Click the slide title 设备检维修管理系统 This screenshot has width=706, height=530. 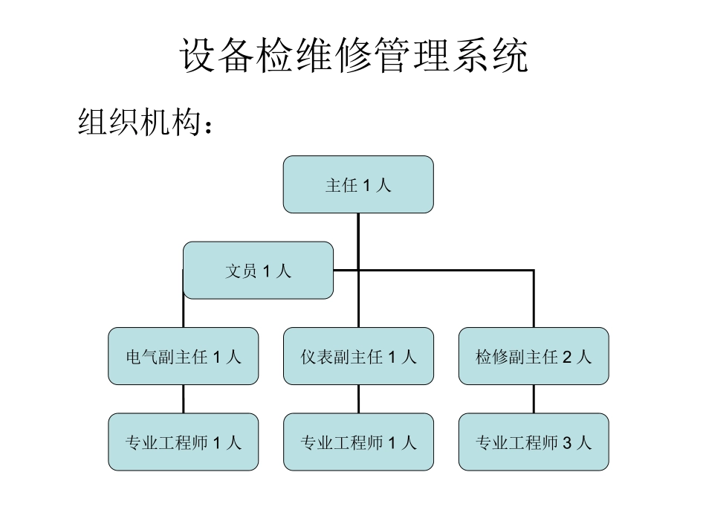pos(353,55)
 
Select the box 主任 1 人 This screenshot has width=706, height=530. pos(358,184)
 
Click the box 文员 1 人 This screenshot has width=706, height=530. pos(258,271)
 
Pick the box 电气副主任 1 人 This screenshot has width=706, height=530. pos(184,357)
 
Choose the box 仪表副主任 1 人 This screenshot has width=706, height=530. pos(358,357)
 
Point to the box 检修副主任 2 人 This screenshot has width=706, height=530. pos(534,357)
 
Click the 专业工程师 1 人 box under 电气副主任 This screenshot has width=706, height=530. pos(184,442)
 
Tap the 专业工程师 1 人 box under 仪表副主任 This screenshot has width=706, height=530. pos(358,442)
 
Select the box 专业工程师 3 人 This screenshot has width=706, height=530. pos(534,442)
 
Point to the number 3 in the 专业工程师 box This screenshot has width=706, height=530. pos(566,443)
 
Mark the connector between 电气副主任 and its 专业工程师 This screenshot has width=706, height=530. pos(184,399)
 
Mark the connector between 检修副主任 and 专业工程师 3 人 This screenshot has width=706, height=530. pos(534,399)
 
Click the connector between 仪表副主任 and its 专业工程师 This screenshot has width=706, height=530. pos(358,399)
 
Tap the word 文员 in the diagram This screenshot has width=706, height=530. pos(241,271)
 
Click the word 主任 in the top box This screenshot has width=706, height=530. pos(341,185)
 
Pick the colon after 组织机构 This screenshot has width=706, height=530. pos(209,125)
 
